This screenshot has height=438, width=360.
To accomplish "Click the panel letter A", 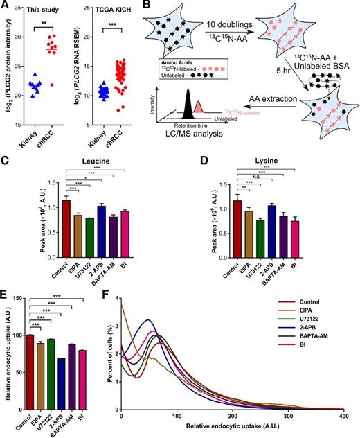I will [x=6, y=6].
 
